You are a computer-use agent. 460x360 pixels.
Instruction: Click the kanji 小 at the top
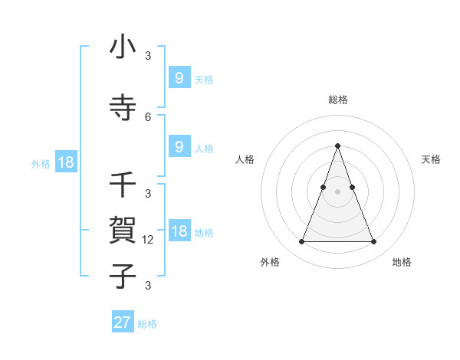tap(123, 47)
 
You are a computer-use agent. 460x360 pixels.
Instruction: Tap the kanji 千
tap(123, 185)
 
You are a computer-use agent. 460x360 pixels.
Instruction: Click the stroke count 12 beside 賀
tap(149, 240)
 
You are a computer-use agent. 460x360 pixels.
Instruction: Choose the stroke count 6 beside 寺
tap(148, 116)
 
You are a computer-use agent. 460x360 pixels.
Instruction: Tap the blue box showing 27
tap(123, 322)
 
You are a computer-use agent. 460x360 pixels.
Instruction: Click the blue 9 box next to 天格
tap(179, 77)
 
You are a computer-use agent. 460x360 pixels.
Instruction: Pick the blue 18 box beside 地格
tap(179, 231)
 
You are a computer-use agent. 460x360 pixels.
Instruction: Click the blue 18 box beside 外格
tap(66, 162)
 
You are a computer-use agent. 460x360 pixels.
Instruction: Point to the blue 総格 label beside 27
tap(147, 324)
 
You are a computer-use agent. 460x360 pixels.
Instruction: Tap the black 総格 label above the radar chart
tap(337, 100)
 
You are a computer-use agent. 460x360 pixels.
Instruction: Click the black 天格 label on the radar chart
tap(432, 159)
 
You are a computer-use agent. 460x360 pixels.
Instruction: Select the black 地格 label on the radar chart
tap(402, 262)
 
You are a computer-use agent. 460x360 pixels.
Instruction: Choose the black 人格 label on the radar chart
tap(245, 159)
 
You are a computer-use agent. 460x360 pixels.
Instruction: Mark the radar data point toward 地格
tap(373, 242)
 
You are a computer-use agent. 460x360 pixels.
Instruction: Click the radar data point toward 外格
tap(301, 242)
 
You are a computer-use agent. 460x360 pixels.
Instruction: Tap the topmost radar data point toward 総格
tap(337, 146)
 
